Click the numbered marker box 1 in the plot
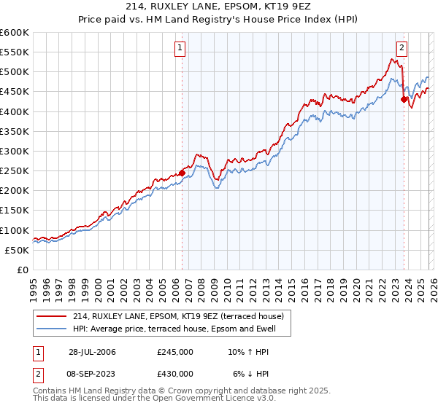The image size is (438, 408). tap(180, 49)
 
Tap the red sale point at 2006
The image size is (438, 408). tap(182, 173)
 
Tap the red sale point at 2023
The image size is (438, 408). tap(404, 100)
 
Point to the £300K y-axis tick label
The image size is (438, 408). tap(15, 151)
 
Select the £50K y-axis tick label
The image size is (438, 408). tap(18, 250)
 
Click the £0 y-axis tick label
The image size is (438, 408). tap(23, 270)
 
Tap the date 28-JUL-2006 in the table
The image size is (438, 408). tap(92, 352)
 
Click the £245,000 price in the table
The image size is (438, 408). tap(175, 352)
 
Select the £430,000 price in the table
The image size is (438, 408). tap(175, 373)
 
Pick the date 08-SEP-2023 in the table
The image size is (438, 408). tap(92, 373)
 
